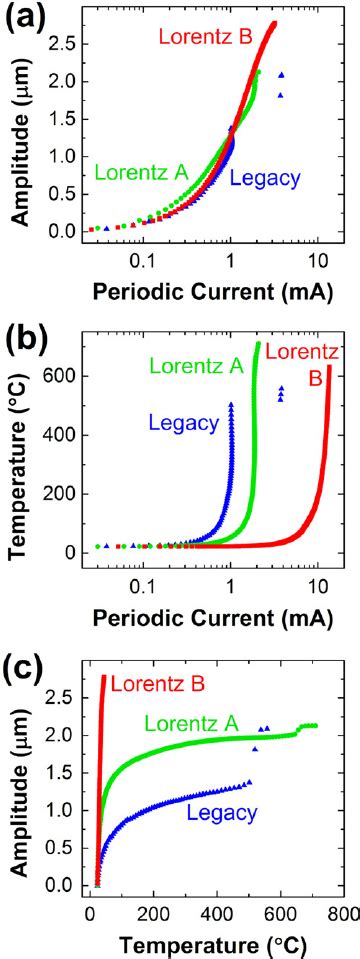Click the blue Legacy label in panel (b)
coord(183,423)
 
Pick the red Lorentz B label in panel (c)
coord(158,684)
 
